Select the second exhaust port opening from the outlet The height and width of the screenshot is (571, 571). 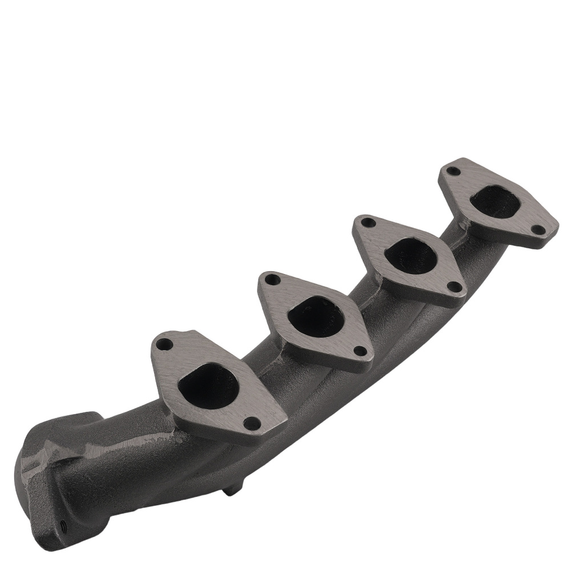[315, 316]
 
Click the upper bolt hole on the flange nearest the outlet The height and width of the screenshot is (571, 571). [164, 344]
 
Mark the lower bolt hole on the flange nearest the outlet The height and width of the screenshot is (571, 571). [251, 423]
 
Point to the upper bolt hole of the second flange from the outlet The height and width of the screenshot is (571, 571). [274, 280]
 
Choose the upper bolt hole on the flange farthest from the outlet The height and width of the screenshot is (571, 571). [453, 171]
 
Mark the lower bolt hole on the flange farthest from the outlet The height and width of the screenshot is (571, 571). [537, 229]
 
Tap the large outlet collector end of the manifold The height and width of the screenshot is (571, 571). [57, 474]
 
